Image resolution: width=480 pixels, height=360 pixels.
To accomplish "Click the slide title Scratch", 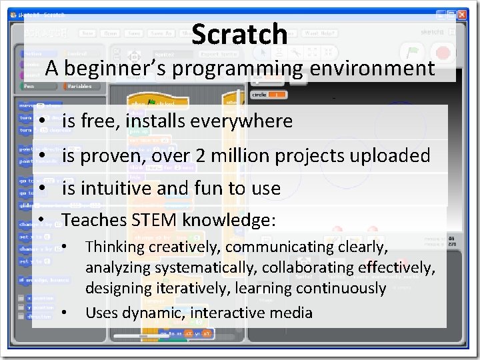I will click(239, 34).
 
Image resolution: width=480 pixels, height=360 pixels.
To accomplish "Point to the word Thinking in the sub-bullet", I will click(115, 247).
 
